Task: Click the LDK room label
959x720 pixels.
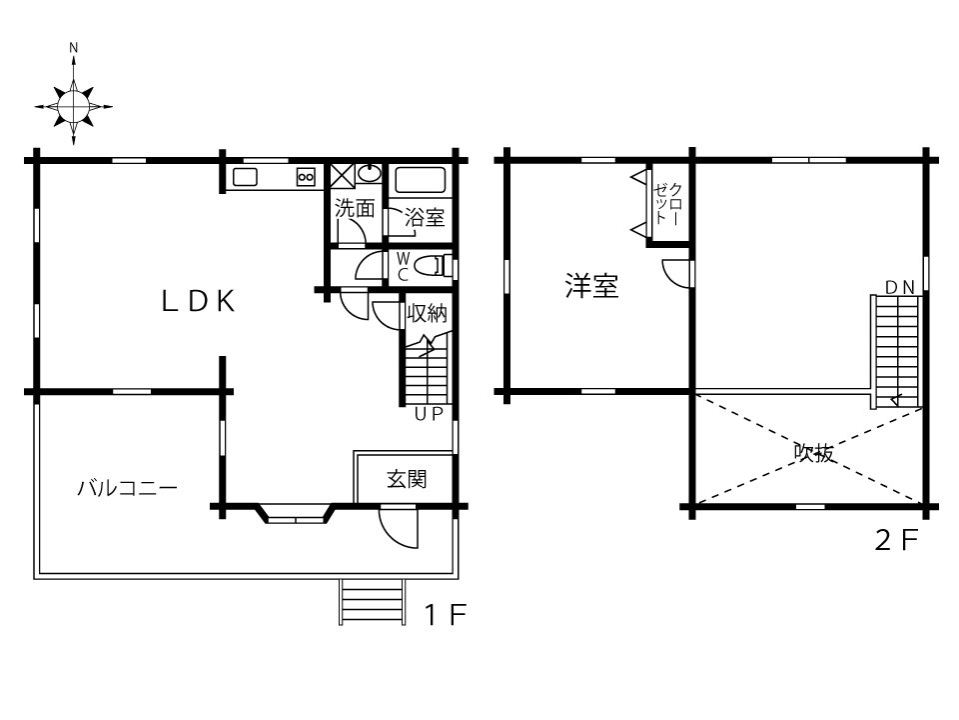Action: tap(198, 301)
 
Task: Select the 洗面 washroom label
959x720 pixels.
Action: tap(355, 208)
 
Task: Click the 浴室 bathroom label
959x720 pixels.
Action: tap(425, 217)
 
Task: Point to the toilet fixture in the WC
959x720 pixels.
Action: tap(433, 267)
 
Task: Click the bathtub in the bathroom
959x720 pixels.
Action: tap(420, 179)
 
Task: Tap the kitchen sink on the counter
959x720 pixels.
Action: tap(245, 178)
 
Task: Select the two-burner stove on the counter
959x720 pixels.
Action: tap(306, 178)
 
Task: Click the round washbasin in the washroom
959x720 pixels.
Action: tap(370, 174)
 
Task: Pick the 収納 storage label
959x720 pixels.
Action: tap(428, 313)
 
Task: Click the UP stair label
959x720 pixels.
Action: tap(429, 414)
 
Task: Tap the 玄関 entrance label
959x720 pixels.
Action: tap(407, 479)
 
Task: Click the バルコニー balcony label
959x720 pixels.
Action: tap(127, 488)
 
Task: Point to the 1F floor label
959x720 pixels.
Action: tap(446, 615)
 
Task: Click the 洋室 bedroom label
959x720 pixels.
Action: tap(592, 286)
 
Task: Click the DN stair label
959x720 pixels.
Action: tap(900, 287)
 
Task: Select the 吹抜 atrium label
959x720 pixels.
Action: tap(815, 453)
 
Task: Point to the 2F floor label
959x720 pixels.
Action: tap(897, 540)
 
